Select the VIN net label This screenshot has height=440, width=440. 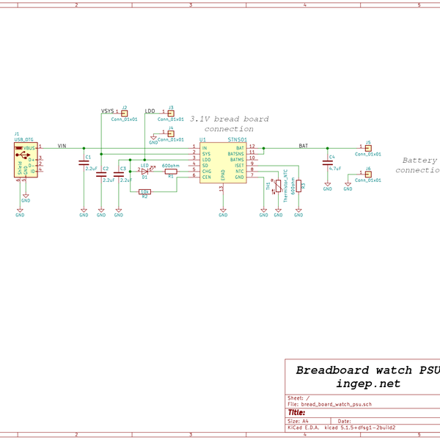click(62, 145)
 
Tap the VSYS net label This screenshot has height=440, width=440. click(107, 111)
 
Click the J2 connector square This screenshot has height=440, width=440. click(124, 112)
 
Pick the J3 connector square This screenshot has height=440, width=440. click(171, 112)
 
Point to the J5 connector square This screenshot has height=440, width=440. click(368, 148)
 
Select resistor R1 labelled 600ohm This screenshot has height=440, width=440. click(170, 172)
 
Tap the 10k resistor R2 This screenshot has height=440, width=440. click(144, 191)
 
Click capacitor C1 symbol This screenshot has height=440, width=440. click(84, 164)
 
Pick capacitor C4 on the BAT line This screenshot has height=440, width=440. click(328, 164)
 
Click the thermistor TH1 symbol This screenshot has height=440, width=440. click(278, 186)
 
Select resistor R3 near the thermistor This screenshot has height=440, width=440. click(298, 186)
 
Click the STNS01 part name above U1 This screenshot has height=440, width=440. click(237, 139)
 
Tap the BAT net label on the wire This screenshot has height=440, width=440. click(303, 146)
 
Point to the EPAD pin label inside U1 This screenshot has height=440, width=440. click(223, 176)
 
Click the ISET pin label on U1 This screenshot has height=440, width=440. click(239, 165)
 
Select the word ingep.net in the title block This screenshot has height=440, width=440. click(368, 384)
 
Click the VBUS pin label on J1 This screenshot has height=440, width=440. click(29, 148)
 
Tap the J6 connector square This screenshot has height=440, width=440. click(368, 174)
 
